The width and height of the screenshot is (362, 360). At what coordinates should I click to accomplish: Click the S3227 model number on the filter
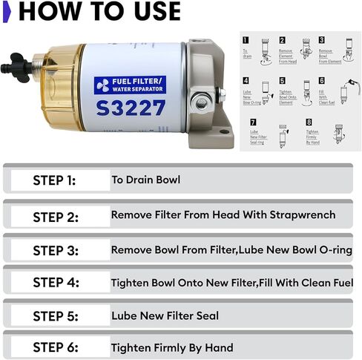(x=130, y=108)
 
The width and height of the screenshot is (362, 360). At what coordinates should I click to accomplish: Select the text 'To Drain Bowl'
(x=145, y=180)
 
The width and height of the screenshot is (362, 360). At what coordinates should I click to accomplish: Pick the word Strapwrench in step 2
(x=299, y=215)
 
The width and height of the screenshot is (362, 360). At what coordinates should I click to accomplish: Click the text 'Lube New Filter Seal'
(x=165, y=315)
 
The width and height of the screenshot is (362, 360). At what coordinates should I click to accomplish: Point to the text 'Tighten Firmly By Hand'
(x=172, y=347)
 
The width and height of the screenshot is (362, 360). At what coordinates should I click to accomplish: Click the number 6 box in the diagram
(x=322, y=80)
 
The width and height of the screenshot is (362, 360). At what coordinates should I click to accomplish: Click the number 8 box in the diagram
(x=309, y=122)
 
